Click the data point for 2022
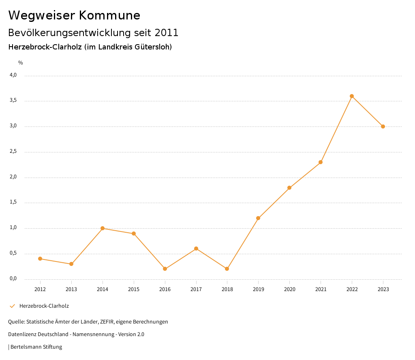(x=352, y=96)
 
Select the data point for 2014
(x=103, y=228)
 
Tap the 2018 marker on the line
(x=227, y=269)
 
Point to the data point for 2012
(x=40, y=259)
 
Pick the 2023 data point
(x=383, y=126)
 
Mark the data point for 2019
(x=258, y=218)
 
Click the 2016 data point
(x=165, y=269)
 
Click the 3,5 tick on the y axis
(x=13, y=101)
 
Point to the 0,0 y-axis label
(x=13, y=279)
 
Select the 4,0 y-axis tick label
(x=13, y=75)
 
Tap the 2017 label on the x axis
(x=196, y=289)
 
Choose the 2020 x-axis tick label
(x=289, y=289)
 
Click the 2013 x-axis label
(x=71, y=289)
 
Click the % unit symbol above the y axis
(x=21, y=63)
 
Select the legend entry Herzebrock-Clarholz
(x=44, y=306)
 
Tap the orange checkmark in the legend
(x=12, y=306)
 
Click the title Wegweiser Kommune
(x=74, y=15)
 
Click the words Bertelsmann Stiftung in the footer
(x=36, y=347)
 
